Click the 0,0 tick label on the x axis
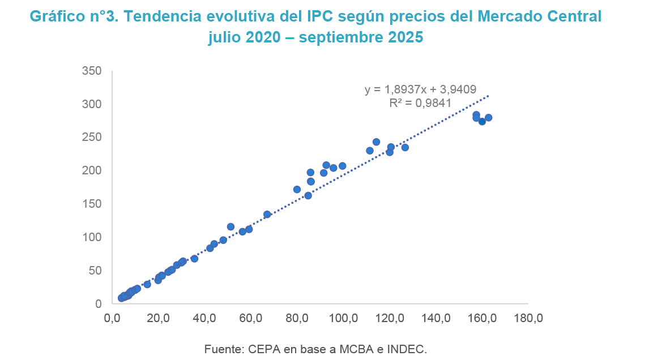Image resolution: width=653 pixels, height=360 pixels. pyautogui.click(x=112, y=319)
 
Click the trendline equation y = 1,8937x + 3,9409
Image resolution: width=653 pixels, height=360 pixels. pyautogui.click(x=420, y=89)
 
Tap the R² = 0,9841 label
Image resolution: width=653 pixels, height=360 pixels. pyautogui.click(x=420, y=102)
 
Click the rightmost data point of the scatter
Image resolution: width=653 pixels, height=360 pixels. pyautogui.click(x=488, y=118)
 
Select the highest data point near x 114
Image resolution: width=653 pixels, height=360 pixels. pyautogui.click(x=376, y=142)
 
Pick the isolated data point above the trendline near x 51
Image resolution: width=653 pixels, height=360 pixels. pyautogui.click(x=231, y=226)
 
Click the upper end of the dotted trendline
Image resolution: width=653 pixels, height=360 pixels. pyautogui.click(x=488, y=96)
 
